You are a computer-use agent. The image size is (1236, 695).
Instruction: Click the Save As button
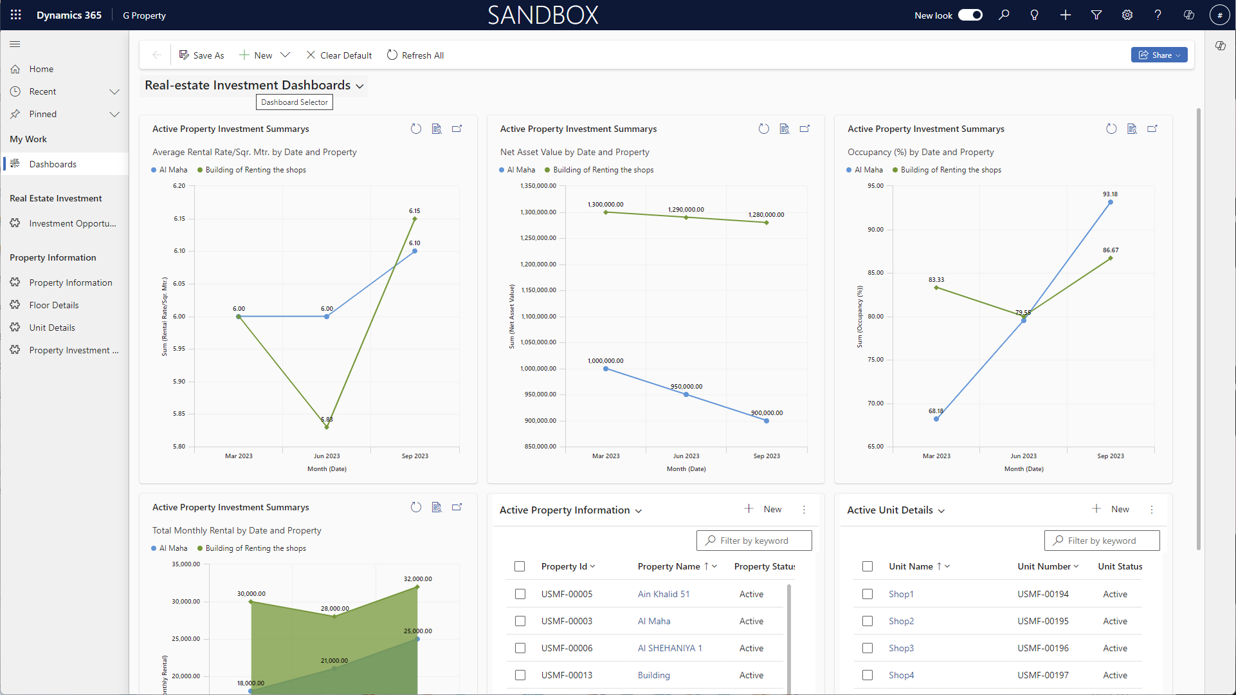coord(201,55)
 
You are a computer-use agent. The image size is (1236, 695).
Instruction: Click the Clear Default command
coord(339,55)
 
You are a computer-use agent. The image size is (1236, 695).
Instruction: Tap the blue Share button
coord(1159,55)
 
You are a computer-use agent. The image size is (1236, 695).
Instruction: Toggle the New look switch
coord(970,15)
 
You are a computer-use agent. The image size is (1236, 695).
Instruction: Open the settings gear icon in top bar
coord(1127,15)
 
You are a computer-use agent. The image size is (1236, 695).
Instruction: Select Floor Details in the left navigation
coord(54,305)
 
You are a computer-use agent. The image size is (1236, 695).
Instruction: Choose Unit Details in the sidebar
coord(52,328)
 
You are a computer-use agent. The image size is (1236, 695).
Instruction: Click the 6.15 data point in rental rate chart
coord(415,219)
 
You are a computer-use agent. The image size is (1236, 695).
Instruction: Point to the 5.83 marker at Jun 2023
coord(327,427)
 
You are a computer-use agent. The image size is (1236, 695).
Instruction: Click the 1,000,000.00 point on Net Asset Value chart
coord(606,369)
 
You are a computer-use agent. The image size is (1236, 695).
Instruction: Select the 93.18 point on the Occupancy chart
coord(1111,203)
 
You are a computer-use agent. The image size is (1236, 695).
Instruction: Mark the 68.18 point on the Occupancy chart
coord(936,419)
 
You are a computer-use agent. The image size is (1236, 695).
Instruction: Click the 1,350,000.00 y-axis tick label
coord(538,186)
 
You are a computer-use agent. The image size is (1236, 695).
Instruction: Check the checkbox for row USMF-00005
coord(520,594)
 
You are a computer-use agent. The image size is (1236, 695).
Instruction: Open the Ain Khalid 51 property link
coord(664,594)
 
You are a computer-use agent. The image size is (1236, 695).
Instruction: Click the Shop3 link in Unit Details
coord(901,648)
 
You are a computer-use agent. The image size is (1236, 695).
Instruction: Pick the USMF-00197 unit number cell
coord(1043,675)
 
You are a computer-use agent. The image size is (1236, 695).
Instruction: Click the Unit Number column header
coord(1044,566)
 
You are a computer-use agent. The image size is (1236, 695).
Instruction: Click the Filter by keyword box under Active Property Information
coord(754,541)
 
